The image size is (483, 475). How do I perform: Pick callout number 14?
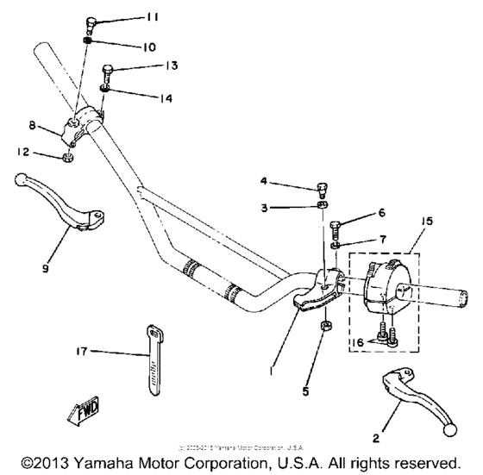[165, 99]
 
